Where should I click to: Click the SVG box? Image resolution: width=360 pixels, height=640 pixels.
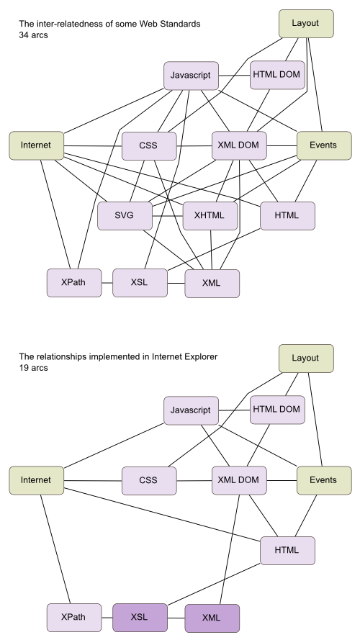125,216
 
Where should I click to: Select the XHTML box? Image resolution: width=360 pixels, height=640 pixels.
210,216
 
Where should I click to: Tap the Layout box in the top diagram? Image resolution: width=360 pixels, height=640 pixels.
306,24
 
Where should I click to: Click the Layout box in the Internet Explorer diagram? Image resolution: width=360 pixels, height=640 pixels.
306,359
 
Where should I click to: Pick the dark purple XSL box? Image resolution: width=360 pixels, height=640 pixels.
140,618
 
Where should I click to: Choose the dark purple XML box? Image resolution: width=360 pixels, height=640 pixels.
212,618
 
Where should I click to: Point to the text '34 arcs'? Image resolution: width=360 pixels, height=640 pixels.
33,35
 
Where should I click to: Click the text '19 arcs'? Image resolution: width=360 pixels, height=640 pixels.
33,368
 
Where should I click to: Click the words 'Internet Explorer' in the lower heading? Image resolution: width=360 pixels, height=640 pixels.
184,357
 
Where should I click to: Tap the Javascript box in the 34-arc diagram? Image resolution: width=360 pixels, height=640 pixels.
191,76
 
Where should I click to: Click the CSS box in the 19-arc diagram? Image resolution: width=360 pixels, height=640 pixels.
149,481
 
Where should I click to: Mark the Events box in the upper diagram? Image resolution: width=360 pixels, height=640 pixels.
324,145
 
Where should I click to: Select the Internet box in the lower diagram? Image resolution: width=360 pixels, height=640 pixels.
37,480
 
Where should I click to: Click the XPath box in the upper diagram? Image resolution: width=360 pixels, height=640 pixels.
74,283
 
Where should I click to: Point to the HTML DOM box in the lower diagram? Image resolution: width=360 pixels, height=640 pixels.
277,410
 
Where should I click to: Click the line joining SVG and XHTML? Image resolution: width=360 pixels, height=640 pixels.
167,216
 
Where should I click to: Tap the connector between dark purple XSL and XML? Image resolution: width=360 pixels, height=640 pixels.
176,618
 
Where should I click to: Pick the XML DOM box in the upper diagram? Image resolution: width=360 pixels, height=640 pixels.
239,145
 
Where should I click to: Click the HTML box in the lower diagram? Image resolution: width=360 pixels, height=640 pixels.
288,551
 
